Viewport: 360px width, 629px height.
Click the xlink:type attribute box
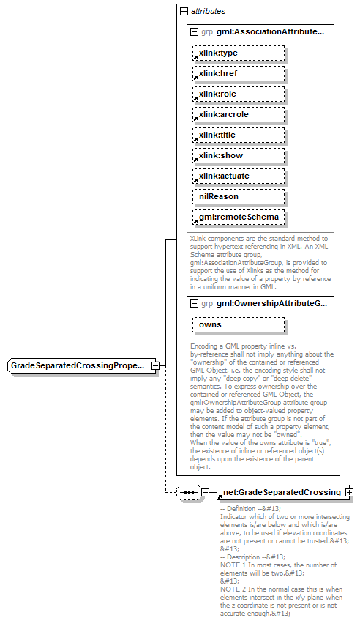(239, 53)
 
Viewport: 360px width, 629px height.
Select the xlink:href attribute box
(239, 74)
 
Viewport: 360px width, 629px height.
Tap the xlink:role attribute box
(239, 94)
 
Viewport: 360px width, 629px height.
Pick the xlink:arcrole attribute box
(239, 115)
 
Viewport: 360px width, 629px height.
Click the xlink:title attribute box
(239, 135)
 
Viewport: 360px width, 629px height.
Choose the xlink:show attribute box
(239, 156)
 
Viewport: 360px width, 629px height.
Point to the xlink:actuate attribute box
(239, 176)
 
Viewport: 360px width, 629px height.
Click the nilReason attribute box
(239, 197)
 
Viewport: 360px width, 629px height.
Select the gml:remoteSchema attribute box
(239, 217)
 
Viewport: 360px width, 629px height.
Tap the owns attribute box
(239, 324)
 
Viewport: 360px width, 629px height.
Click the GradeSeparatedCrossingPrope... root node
(81, 365)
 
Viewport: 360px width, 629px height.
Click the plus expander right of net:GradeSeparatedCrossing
(350, 492)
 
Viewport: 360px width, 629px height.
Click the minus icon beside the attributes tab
(184, 12)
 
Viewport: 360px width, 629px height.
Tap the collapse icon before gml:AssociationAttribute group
(193, 32)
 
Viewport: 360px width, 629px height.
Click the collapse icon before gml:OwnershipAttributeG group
(193, 303)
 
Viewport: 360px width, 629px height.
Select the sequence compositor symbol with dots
(189, 493)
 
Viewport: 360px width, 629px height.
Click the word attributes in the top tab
(209, 12)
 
